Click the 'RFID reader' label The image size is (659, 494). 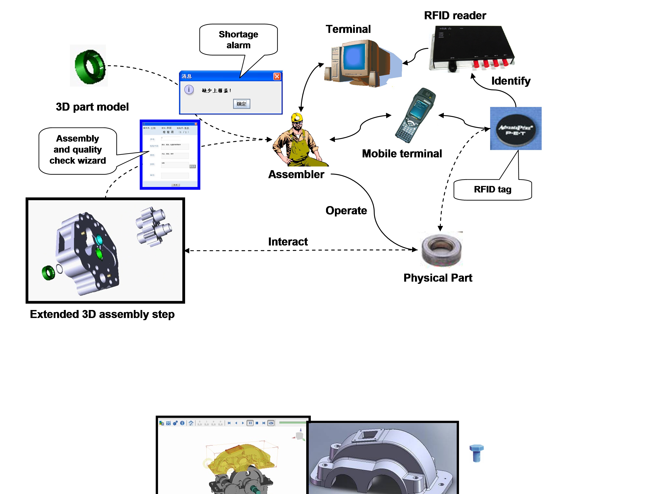click(x=455, y=16)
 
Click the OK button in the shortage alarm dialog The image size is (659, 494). click(x=241, y=104)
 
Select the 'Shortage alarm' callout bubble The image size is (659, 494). click(x=238, y=40)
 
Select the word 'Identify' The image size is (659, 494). click(x=511, y=81)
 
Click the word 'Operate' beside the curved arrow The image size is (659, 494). click(x=346, y=211)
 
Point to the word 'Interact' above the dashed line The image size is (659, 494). click(x=288, y=242)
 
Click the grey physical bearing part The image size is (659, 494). click(x=441, y=250)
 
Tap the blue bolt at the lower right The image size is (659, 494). click(x=476, y=453)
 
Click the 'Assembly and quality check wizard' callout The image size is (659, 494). click(x=78, y=150)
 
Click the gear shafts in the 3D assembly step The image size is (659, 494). click(x=153, y=226)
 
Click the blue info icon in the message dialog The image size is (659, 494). click(x=189, y=90)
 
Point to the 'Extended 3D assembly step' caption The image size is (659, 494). click(x=102, y=314)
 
